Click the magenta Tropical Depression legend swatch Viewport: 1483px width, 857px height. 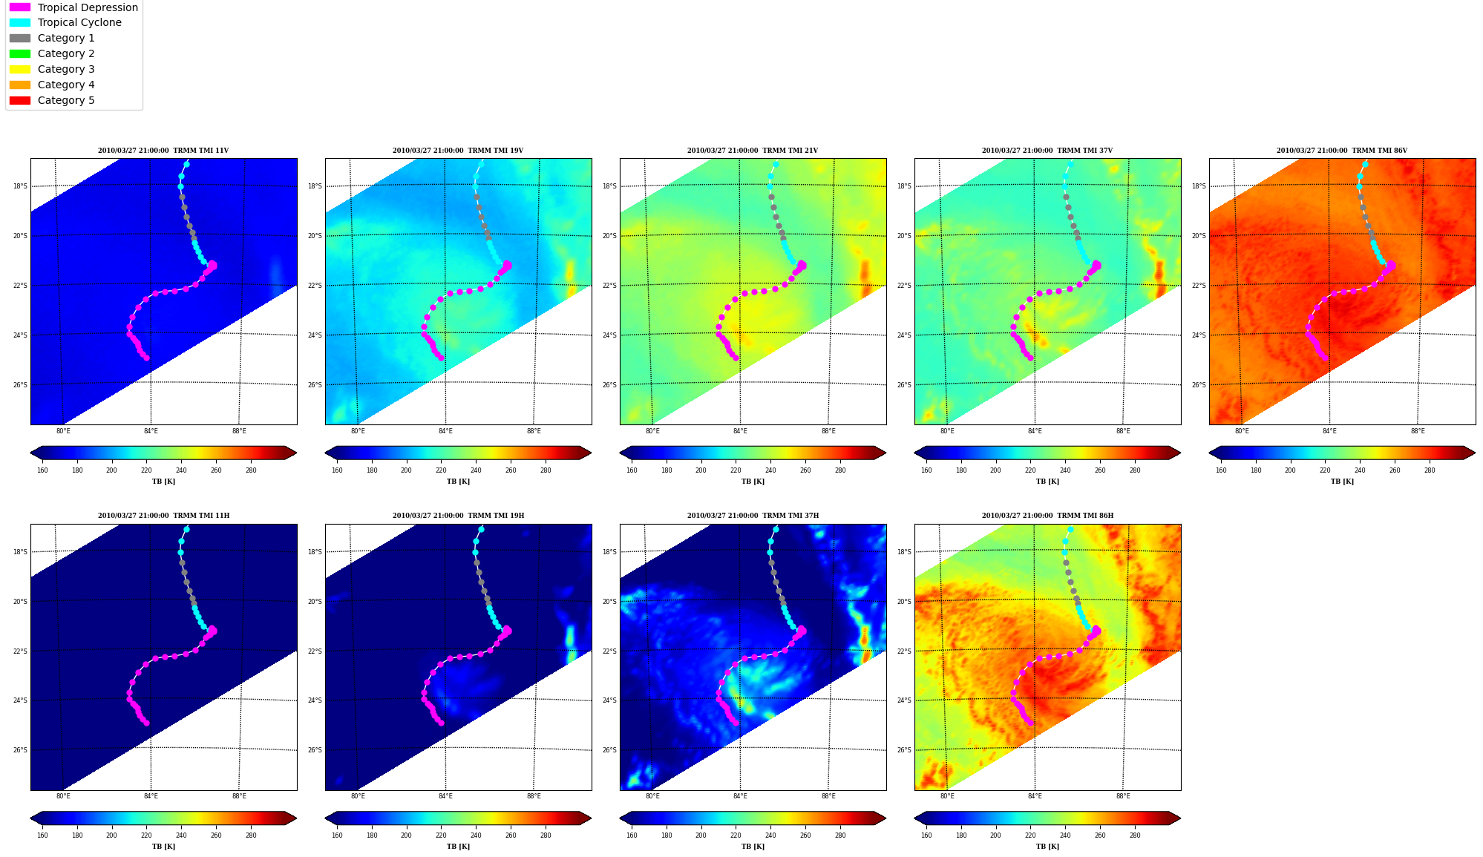pyautogui.click(x=20, y=7)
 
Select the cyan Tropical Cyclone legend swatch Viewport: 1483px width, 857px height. pyautogui.click(x=20, y=22)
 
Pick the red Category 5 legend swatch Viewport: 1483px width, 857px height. pyautogui.click(x=20, y=100)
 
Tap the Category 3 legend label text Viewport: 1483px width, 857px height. pyautogui.click(x=66, y=69)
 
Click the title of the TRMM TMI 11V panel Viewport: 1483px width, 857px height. pyautogui.click(x=163, y=151)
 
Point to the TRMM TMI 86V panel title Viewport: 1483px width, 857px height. pyautogui.click(x=1342, y=151)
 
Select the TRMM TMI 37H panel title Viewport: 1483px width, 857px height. pyautogui.click(x=753, y=516)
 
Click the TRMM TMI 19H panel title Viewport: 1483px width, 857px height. pyautogui.click(x=458, y=516)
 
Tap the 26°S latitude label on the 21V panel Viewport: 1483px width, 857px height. pyautogui.click(x=610, y=385)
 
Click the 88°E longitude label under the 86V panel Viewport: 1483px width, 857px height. pyautogui.click(x=1418, y=431)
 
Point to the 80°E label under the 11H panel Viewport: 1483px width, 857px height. pyautogui.click(x=63, y=797)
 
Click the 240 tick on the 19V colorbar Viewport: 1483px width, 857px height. pyautogui.click(x=476, y=470)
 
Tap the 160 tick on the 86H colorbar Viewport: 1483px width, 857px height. pyautogui.click(x=926, y=835)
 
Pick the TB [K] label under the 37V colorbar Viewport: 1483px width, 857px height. pyautogui.click(x=1047, y=482)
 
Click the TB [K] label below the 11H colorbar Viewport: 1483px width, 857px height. pyautogui.click(x=163, y=847)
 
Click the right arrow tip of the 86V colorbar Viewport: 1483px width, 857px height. pyautogui.click(x=1476, y=453)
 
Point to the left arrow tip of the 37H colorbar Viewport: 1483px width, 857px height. pyautogui.click(x=620, y=818)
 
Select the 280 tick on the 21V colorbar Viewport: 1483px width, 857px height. pyautogui.click(x=840, y=470)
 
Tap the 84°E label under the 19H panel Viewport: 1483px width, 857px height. pyautogui.click(x=445, y=797)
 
